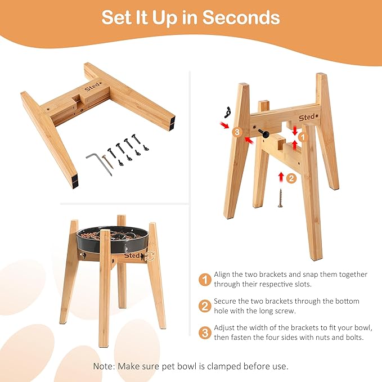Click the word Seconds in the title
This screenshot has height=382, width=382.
coord(241,17)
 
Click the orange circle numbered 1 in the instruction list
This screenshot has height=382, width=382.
coord(205,280)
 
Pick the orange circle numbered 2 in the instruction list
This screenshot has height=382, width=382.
coord(205,306)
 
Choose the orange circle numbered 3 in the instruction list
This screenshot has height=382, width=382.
coord(205,333)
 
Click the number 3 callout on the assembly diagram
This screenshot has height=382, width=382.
coord(237,132)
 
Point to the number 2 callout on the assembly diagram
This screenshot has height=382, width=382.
coord(291,178)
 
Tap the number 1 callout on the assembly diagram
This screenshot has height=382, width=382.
coord(303,137)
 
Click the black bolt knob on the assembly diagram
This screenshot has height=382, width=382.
coord(264,133)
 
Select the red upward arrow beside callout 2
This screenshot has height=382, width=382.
coord(281,177)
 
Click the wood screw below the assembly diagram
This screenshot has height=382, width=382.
coord(280,198)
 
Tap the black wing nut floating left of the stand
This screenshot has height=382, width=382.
coord(227,112)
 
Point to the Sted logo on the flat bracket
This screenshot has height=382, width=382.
coord(93,87)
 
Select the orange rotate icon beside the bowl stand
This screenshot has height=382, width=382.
coord(150,256)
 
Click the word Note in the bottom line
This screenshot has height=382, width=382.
coord(104,366)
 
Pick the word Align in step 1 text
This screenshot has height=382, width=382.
coord(222,275)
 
